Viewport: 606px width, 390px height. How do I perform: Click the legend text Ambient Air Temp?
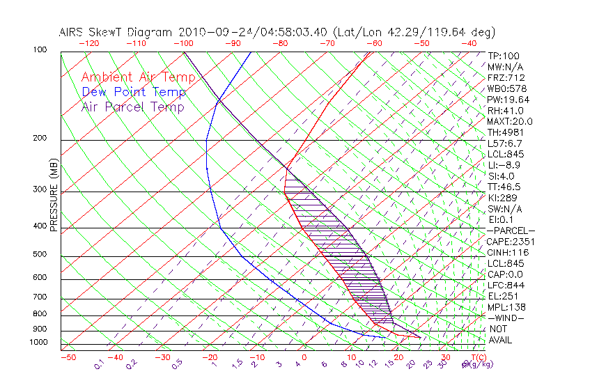(x=138, y=77)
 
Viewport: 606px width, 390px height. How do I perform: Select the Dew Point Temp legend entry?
(x=134, y=92)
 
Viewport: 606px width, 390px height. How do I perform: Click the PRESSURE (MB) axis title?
(x=54, y=194)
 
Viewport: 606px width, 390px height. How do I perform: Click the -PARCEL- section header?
(x=511, y=231)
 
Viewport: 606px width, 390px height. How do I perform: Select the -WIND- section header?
(x=506, y=318)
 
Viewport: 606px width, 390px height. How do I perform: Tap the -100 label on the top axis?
(x=183, y=43)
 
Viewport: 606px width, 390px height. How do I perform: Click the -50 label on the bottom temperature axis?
(x=68, y=358)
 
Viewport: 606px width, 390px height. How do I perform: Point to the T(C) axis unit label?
(x=475, y=358)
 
